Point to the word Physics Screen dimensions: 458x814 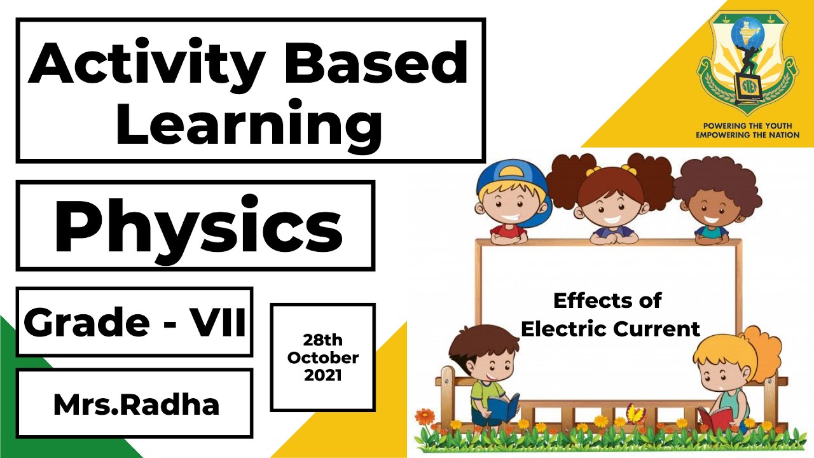198,226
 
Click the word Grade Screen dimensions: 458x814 86,322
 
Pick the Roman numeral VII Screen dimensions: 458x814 217,322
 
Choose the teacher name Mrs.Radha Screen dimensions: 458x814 136,405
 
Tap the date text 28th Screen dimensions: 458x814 323,340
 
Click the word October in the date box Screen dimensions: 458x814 323,357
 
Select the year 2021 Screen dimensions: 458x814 323,375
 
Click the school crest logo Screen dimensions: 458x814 747,60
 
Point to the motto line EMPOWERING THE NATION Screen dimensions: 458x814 747,135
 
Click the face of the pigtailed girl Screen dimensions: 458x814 609,203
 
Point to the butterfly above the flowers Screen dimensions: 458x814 635,413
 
